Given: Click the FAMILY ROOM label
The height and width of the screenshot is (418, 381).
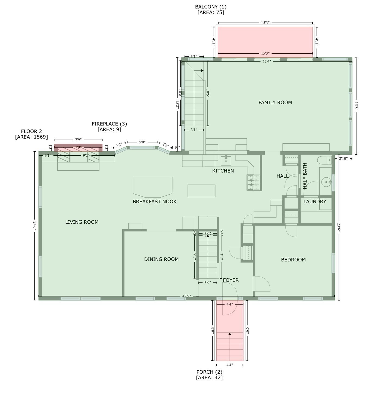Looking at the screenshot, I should [x=275, y=103].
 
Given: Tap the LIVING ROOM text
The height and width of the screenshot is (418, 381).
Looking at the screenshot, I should [x=82, y=222].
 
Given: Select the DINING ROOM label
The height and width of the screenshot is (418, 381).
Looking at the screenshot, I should [x=161, y=259].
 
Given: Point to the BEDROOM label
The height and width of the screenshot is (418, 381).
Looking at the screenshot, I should [x=293, y=260].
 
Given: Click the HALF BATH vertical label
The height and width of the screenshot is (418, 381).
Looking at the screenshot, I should [x=305, y=176].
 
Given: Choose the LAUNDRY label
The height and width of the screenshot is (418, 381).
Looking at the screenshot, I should [x=315, y=202].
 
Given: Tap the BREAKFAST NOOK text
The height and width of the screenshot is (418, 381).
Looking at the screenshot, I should [x=155, y=202].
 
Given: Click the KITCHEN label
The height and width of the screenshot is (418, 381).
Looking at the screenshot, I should [x=223, y=171].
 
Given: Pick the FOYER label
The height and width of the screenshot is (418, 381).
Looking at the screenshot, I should [x=231, y=280].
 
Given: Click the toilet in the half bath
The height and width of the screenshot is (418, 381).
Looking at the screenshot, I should [x=324, y=160].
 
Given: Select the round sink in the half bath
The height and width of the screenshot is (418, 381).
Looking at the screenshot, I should [x=325, y=182].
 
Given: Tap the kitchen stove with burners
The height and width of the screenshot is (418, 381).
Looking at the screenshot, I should [x=253, y=182].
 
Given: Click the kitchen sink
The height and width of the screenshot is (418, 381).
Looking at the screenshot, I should [x=226, y=161].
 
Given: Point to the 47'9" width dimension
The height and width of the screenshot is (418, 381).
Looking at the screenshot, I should [x=186, y=296].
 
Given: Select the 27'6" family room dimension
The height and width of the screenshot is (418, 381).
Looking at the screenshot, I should [x=267, y=62].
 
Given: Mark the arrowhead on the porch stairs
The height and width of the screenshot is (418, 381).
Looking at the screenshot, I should [x=230, y=334].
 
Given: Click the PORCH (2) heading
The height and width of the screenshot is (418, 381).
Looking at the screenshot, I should [x=209, y=372].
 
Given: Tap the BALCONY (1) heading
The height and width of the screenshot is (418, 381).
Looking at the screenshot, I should [x=211, y=7].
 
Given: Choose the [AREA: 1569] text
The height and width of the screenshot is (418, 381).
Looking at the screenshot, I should [x=32, y=137].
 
